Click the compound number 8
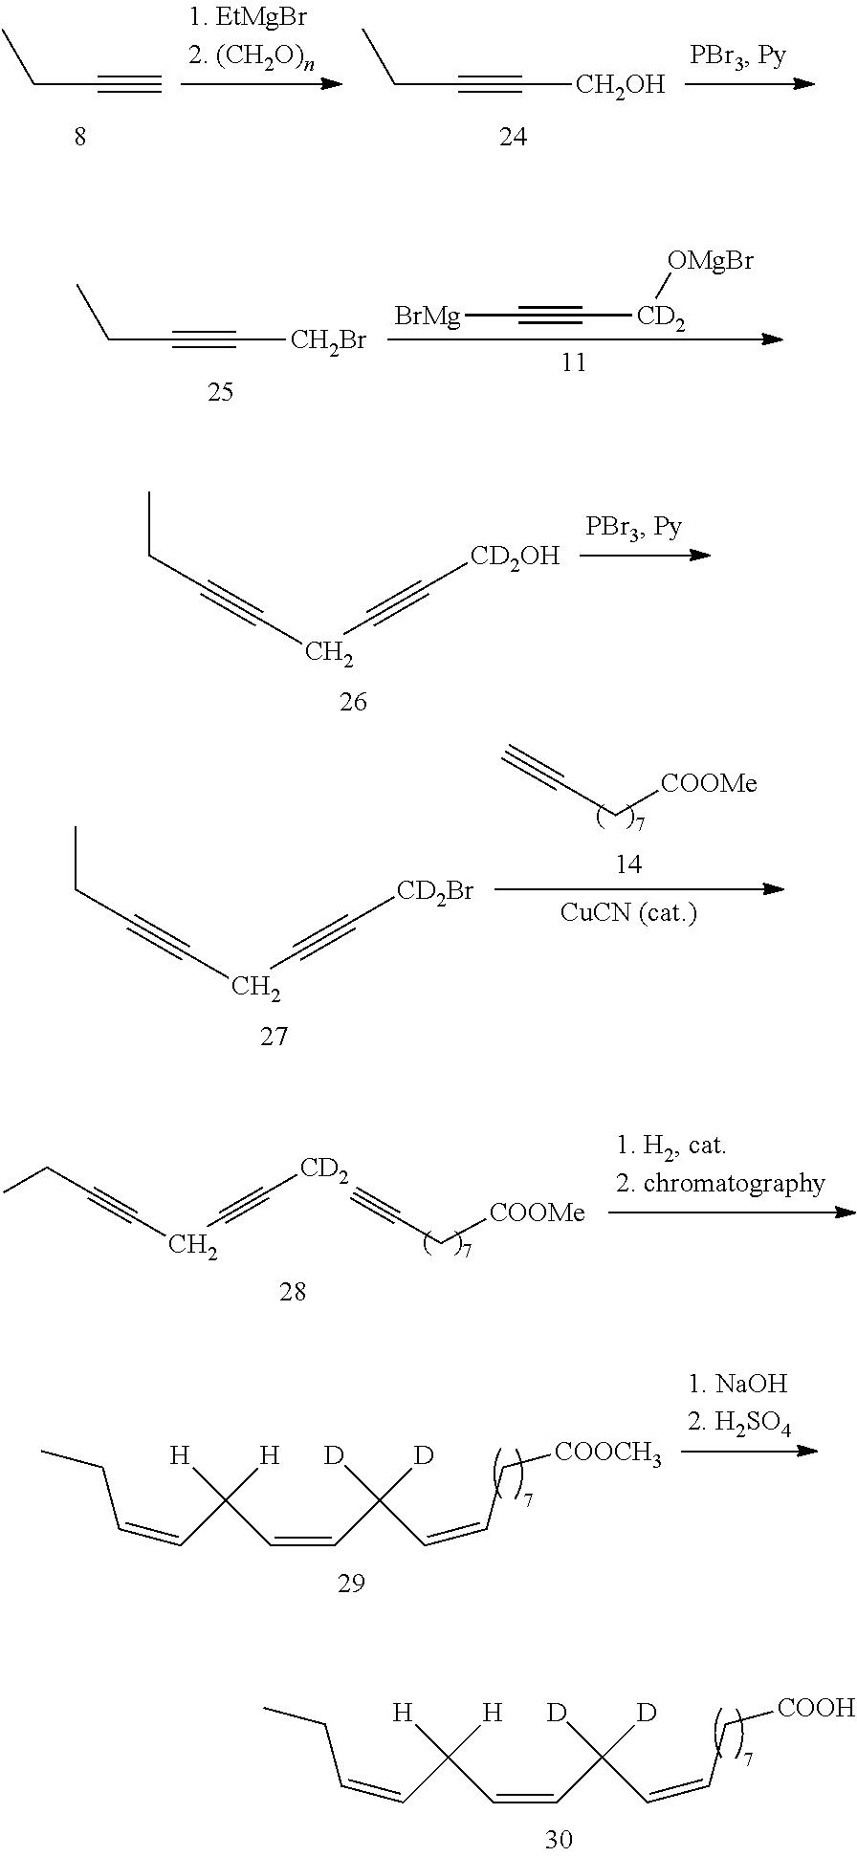[x=80, y=138]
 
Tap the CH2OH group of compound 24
[x=620, y=86]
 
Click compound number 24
[x=513, y=138]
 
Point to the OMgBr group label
[x=710, y=261]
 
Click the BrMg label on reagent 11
[x=428, y=315]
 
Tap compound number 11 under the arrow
[x=573, y=362]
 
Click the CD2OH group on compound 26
[x=514, y=557]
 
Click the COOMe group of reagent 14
[x=709, y=784]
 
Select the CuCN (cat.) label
[x=628, y=913]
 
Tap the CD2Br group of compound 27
[x=435, y=892]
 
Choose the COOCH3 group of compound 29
[x=607, y=1454]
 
